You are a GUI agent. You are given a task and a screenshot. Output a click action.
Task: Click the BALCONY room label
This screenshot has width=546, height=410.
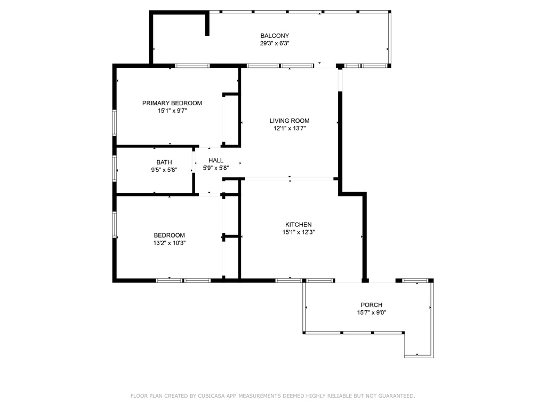[x=275, y=36]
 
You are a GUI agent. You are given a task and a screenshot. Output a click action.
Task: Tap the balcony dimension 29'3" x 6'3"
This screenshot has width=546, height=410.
[x=275, y=44]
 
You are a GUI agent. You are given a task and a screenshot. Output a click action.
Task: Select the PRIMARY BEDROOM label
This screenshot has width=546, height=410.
[x=172, y=103]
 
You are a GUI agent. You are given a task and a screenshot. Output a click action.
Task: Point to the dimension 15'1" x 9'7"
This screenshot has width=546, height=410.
[x=172, y=111]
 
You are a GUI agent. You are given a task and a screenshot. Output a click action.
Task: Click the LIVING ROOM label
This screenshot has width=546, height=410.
[x=290, y=121]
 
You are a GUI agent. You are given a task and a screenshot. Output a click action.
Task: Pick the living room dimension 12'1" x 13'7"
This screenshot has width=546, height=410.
[x=290, y=128]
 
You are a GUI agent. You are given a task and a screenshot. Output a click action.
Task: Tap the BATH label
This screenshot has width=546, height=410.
[x=164, y=162]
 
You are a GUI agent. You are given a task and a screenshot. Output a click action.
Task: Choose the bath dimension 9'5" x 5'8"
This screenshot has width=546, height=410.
[x=164, y=170]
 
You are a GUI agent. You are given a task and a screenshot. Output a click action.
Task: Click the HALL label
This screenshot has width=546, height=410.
[x=216, y=160]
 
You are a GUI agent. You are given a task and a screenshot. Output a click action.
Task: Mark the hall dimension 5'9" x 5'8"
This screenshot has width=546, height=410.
[x=216, y=168]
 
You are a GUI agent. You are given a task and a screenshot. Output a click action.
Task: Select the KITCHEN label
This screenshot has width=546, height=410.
[x=299, y=225]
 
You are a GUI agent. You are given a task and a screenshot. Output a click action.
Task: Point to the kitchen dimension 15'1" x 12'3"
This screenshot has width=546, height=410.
[x=299, y=232]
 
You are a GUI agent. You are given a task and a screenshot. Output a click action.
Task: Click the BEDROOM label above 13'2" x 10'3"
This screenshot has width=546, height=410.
[x=170, y=235]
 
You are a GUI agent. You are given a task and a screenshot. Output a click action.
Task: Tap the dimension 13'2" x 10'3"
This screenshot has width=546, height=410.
[x=170, y=243]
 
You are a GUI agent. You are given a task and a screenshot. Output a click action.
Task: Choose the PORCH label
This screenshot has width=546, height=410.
[x=372, y=305]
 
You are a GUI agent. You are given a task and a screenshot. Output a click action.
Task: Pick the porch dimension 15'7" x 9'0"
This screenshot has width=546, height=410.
[x=372, y=313]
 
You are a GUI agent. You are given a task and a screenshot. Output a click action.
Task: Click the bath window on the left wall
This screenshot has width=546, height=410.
[x=114, y=168]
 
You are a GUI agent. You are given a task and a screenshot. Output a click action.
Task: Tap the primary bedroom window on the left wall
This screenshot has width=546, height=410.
[x=114, y=123]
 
